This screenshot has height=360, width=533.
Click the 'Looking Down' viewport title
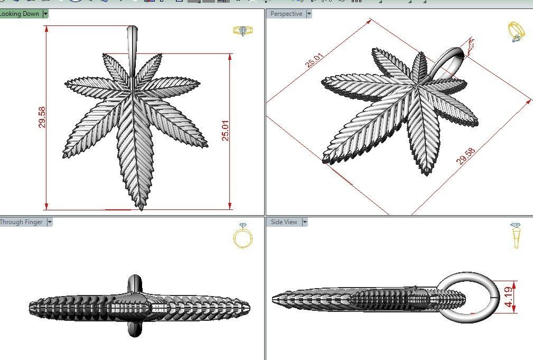[20, 14]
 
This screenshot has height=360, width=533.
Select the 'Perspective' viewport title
[286, 14]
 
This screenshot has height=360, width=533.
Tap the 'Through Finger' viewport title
[21, 222]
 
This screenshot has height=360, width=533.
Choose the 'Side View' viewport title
[284, 222]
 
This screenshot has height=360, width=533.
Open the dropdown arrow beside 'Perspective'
[309, 14]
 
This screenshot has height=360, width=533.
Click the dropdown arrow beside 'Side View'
[304, 222]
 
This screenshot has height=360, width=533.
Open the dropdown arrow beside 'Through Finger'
[50, 222]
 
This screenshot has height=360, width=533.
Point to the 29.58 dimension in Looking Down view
[42, 117]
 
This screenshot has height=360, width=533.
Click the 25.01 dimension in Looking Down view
[226, 130]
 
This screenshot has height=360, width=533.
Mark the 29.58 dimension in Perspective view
[466, 156]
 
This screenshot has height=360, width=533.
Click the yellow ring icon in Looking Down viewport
[242, 31]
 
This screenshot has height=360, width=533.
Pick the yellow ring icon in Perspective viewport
[516, 31]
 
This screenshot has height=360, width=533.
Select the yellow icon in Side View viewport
[516, 235]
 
